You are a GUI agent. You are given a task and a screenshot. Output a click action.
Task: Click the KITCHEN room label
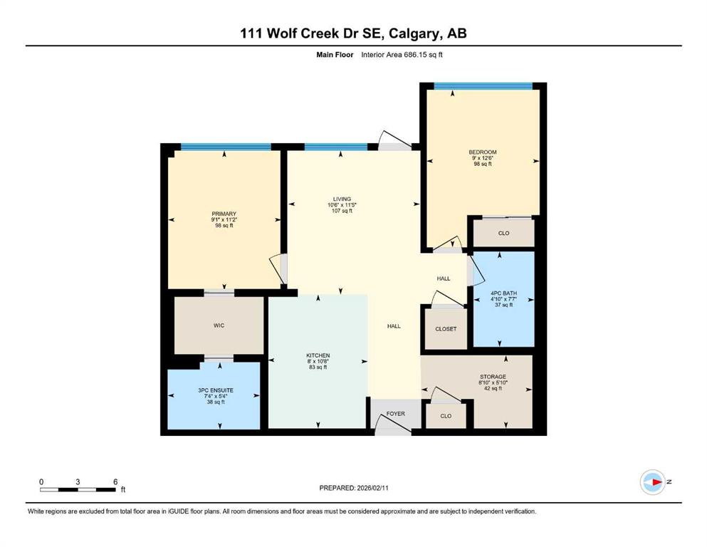coord(318,355)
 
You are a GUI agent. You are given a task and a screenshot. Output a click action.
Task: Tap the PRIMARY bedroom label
coord(224,214)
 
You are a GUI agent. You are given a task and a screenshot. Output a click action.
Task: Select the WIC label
coord(219,325)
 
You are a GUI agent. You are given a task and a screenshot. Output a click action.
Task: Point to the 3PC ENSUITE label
coord(216,390)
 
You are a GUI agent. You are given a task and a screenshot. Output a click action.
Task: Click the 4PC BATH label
coord(503,293)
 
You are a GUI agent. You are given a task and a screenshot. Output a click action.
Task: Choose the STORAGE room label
coord(493,377)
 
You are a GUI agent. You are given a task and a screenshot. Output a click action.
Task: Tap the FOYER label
coord(395,414)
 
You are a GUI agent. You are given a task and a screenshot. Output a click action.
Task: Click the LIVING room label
coord(342,199)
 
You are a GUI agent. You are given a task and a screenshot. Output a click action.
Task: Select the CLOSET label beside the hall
coord(446,329)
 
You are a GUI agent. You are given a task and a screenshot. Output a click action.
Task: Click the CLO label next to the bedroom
coord(503,233)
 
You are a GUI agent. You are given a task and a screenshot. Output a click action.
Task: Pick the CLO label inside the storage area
coord(446,416)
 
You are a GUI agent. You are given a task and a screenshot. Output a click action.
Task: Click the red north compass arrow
coord(657,482)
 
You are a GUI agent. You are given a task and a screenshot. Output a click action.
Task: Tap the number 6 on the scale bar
coord(115,481)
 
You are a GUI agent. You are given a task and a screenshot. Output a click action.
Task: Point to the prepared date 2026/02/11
coord(372,488)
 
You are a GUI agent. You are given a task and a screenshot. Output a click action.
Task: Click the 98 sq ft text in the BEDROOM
coord(483,164)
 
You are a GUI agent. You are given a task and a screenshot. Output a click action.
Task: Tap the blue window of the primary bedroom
coord(226,146)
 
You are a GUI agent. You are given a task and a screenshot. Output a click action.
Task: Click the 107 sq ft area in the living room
coord(342,211)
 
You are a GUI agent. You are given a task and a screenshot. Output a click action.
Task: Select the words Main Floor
coord(335,55)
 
